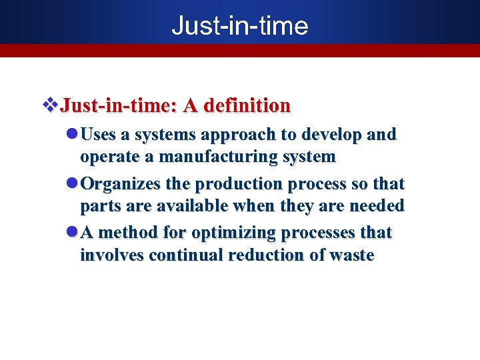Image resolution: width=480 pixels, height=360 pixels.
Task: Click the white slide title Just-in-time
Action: tap(239, 26)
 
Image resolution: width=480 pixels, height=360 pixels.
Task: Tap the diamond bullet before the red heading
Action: tap(51, 105)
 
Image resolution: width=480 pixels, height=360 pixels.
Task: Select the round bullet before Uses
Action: tap(73, 134)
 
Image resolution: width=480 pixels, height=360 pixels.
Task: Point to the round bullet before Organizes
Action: tap(73, 183)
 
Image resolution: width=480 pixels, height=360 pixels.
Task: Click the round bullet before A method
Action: tap(73, 233)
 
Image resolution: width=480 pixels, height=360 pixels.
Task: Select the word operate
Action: tap(110, 157)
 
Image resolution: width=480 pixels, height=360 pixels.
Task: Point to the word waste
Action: tap(351, 255)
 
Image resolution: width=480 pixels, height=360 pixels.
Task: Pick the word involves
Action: tap(112, 255)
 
